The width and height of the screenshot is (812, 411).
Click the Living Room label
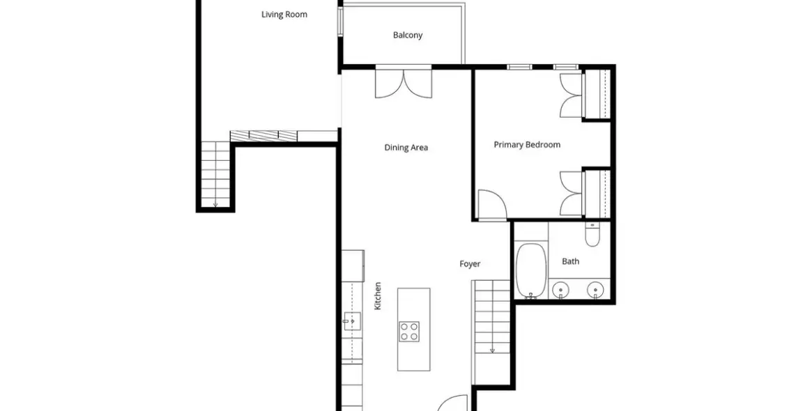[284, 15]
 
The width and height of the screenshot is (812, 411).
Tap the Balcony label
[408, 36]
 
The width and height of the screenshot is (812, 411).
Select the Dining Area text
[406, 148]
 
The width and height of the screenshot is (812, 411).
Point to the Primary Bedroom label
[527, 145]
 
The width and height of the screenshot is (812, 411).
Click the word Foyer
[470, 264]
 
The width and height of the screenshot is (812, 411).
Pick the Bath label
[571, 261]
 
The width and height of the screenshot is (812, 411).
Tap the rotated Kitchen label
[378, 296]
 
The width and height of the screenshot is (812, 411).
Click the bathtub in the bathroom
[531, 271]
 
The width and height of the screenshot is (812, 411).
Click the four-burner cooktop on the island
[409, 332]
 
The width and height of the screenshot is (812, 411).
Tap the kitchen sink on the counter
[352, 321]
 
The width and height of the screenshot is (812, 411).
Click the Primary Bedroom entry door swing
[491, 205]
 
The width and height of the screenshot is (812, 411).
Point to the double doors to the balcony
[404, 83]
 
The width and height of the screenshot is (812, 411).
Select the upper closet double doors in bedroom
[572, 95]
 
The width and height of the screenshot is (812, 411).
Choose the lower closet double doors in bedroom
[572, 194]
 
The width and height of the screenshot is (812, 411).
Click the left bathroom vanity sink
[559, 289]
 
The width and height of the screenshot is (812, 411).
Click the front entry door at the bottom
[454, 403]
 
